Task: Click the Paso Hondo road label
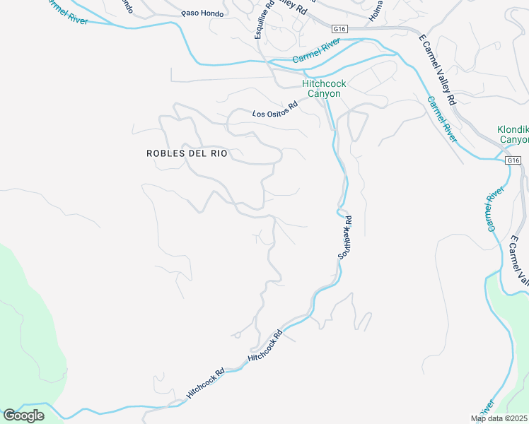click(x=202, y=13)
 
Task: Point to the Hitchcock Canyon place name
click(x=324, y=88)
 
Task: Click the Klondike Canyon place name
click(x=513, y=134)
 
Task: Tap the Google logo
click(x=23, y=416)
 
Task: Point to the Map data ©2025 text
click(x=499, y=418)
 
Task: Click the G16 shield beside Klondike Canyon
click(x=513, y=161)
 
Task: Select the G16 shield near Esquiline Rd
click(x=340, y=29)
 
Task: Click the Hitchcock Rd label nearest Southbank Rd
click(x=265, y=347)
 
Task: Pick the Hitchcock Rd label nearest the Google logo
click(x=204, y=381)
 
